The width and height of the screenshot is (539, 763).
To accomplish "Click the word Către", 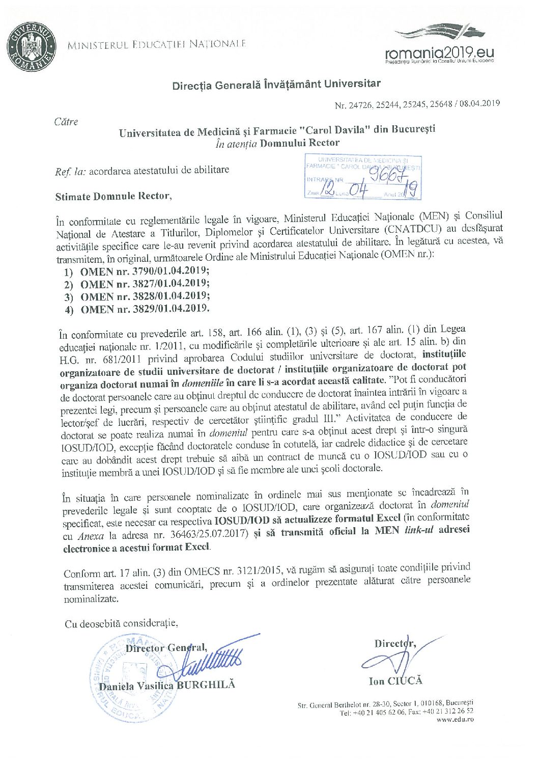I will (x=66, y=122).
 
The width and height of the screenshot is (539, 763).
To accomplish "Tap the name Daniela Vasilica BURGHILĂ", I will (x=167, y=686).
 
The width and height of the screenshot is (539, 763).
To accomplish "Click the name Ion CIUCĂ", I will (x=395, y=681).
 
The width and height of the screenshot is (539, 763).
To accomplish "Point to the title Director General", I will (x=166, y=648).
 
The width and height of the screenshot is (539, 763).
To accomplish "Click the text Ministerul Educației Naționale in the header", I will (x=157, y=44).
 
